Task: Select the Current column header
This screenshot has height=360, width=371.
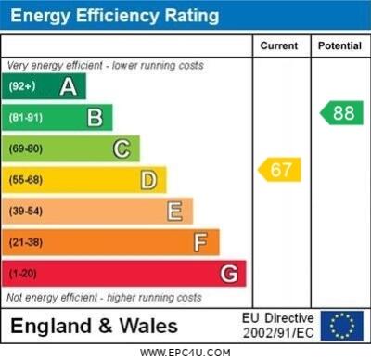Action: coord(279,45)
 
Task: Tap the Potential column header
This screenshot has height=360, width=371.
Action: coord(339,45)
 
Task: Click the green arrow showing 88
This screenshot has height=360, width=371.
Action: coord(341,112)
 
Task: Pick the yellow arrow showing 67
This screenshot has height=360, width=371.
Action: coord(279,170)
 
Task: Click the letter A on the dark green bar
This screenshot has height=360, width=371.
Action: coord(68,87)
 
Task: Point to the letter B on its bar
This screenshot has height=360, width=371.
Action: coord(95,118)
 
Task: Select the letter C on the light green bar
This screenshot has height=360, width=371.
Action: coord(122,148)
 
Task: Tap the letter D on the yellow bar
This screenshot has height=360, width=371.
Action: coord(148,180)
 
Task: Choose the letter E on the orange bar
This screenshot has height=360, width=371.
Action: coord(174,212)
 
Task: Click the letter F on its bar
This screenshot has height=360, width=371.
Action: coord(200,243)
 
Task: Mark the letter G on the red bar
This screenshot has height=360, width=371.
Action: coord(228,274)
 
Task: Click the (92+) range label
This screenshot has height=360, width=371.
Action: coord(22,87)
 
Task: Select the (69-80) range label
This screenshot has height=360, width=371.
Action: coord(26,148)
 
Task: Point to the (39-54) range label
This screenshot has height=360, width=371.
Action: coord(26,212)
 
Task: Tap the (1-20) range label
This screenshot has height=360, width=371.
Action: coord(23,274)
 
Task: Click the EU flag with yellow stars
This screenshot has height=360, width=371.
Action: coord(341,325)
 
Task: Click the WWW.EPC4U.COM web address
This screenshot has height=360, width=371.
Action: coord(185,353)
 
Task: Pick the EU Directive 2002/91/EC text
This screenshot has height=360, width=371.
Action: coord(278,325)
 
